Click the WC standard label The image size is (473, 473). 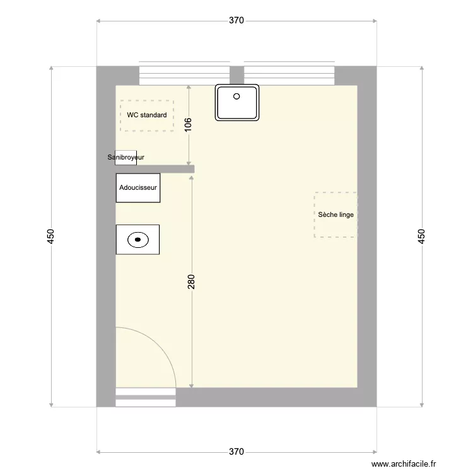[147, 115]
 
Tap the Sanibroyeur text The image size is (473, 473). [126, 157]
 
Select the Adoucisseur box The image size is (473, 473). [138, 188]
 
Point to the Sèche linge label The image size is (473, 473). [336, 214]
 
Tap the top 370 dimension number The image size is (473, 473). [236, 20]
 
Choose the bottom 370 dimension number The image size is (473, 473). [236, 452]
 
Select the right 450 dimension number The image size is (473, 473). [422, 236]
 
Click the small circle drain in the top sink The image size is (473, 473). [237, 96]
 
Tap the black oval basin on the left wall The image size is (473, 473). [137, 240]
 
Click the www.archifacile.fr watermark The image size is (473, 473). [404, 464]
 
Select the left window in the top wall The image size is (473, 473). [184, 75]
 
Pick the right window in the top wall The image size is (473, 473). [289, 75]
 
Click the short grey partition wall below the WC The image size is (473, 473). [155, 168]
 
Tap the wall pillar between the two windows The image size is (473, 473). [237, 75]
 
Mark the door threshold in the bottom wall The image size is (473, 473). [146, 396]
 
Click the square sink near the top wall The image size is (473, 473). [237, 102]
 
